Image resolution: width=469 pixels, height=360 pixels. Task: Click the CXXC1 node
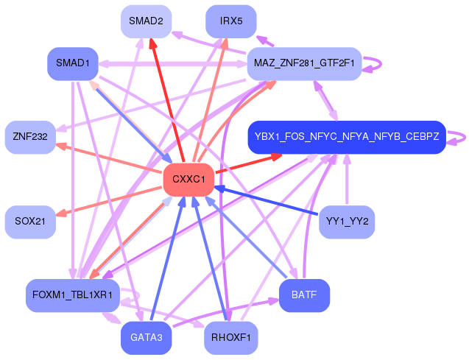[x=188, y=180]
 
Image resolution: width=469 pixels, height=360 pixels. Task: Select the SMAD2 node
[x=146, y=21]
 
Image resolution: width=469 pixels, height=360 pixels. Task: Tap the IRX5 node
[x=230, y=21]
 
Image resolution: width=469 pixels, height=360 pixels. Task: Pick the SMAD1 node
[x=72, y=63]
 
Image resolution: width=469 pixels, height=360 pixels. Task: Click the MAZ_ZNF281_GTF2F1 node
[x=304, y=63]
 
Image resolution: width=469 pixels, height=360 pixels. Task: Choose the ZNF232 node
[x=30, y=137]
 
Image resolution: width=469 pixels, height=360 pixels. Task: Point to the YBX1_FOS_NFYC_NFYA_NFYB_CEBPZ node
[x=346, y=137]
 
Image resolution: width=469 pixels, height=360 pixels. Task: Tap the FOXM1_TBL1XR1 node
[x=72, y=295]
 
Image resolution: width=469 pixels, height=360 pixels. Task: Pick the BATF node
[x=304, y=295]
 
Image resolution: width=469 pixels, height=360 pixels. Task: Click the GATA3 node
[x=146, y=338]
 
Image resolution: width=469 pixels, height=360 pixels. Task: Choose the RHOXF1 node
[x=230, y=338]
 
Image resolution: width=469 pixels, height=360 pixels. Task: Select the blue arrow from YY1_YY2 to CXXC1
[x=265, y=201]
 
